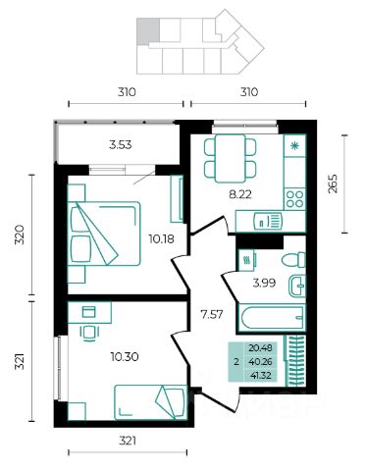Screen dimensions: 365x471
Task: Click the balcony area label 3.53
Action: point(121,144)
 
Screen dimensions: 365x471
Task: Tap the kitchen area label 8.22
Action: point(240,194)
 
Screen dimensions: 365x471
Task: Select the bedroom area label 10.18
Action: point(161,239)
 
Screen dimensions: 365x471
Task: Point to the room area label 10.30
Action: point(125,356)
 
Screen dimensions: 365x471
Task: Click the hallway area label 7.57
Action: point(212,315)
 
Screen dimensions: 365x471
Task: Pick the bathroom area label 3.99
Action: point(264,283)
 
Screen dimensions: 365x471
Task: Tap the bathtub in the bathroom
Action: point(272,318)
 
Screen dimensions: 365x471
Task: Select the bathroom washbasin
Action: point(297,287)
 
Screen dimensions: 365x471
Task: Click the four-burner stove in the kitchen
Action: point(294,199)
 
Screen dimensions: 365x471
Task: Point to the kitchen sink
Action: point(268,222)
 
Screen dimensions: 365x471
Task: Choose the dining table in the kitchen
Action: point(231,158)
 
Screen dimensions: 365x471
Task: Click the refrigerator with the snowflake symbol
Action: point(294,145)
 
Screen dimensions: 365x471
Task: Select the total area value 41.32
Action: point(260,376)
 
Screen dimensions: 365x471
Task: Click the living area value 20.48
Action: point(260,348)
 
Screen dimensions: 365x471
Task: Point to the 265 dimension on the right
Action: point(333,183)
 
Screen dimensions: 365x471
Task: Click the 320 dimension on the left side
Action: point(21,235)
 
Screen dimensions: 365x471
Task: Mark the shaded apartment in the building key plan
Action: point(148,31)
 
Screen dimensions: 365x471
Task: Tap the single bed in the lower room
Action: point(150,402)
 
